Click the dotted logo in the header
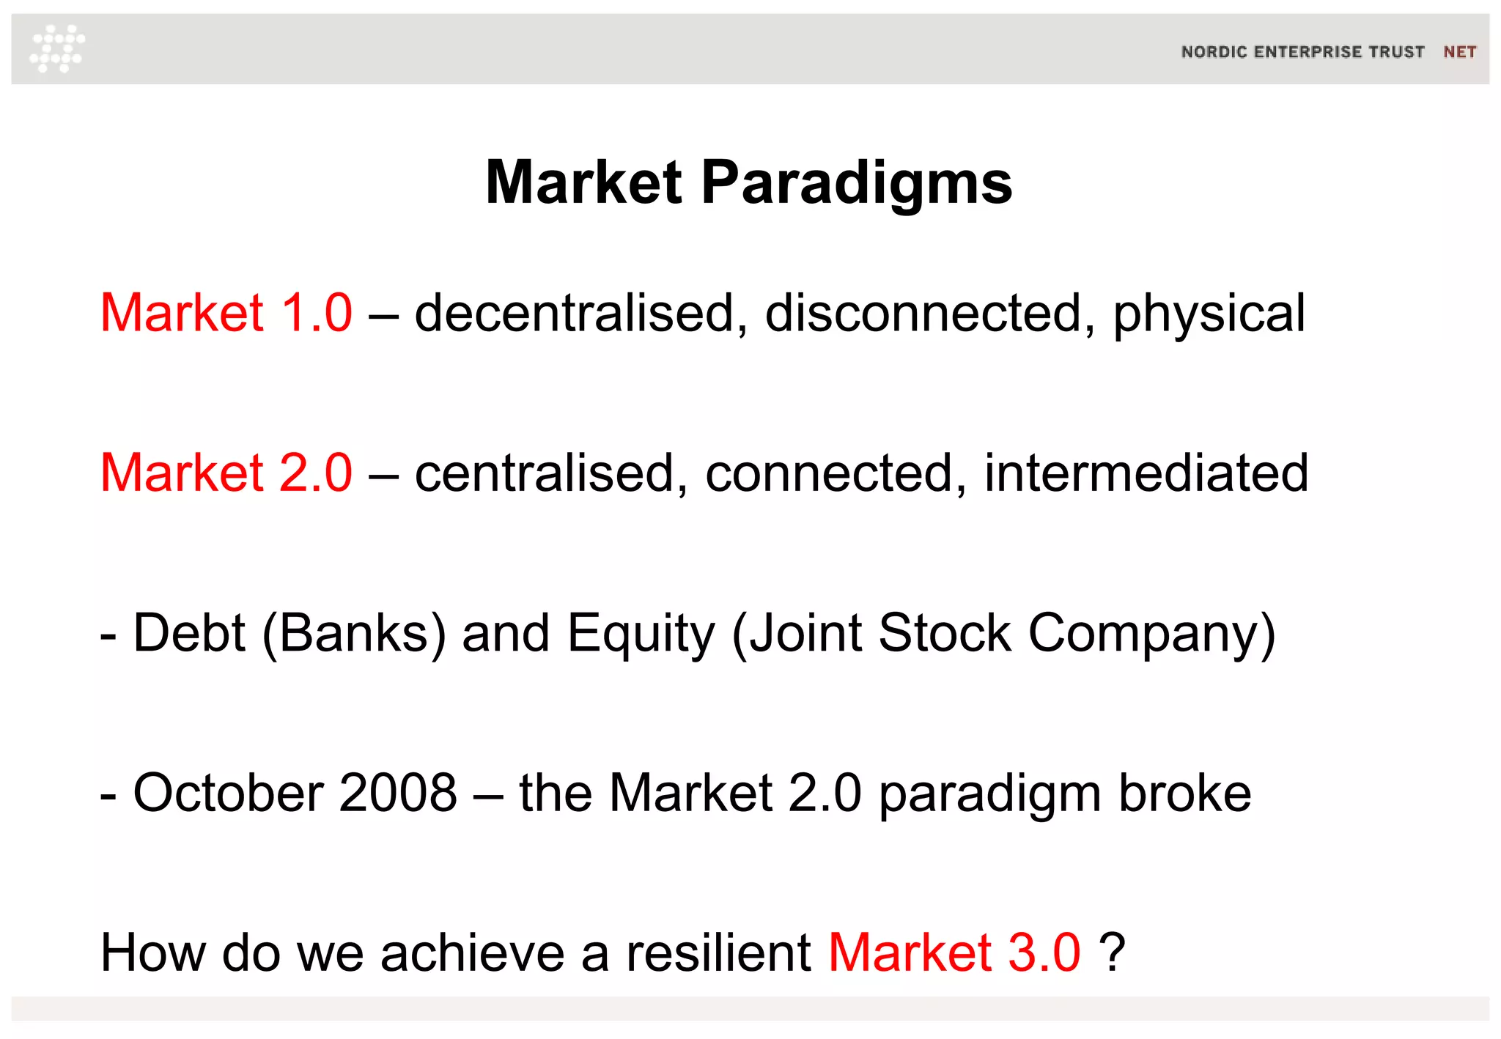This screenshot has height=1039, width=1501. click(57, 48)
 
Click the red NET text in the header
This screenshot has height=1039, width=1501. click(1459, 52)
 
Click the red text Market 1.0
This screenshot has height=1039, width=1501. click(226, 314)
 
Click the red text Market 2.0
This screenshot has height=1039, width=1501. click(226, 473)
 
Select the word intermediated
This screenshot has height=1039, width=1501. click(1146, 473)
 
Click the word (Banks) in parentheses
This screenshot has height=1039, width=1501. click(353, 634)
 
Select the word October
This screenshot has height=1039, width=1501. click(228, 793)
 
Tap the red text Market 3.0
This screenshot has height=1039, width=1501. click(954, 953)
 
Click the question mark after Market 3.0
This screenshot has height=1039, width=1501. click(1112, 953)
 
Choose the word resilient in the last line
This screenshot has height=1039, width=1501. click(718, 953)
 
